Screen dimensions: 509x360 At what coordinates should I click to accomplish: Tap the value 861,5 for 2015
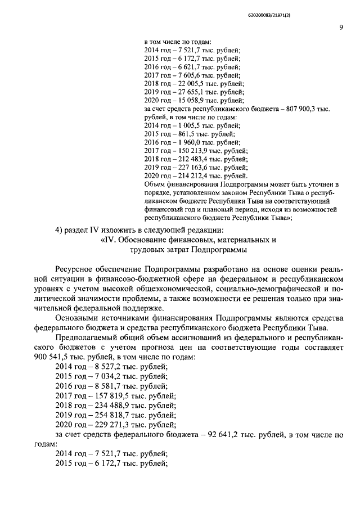coord(187,137)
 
